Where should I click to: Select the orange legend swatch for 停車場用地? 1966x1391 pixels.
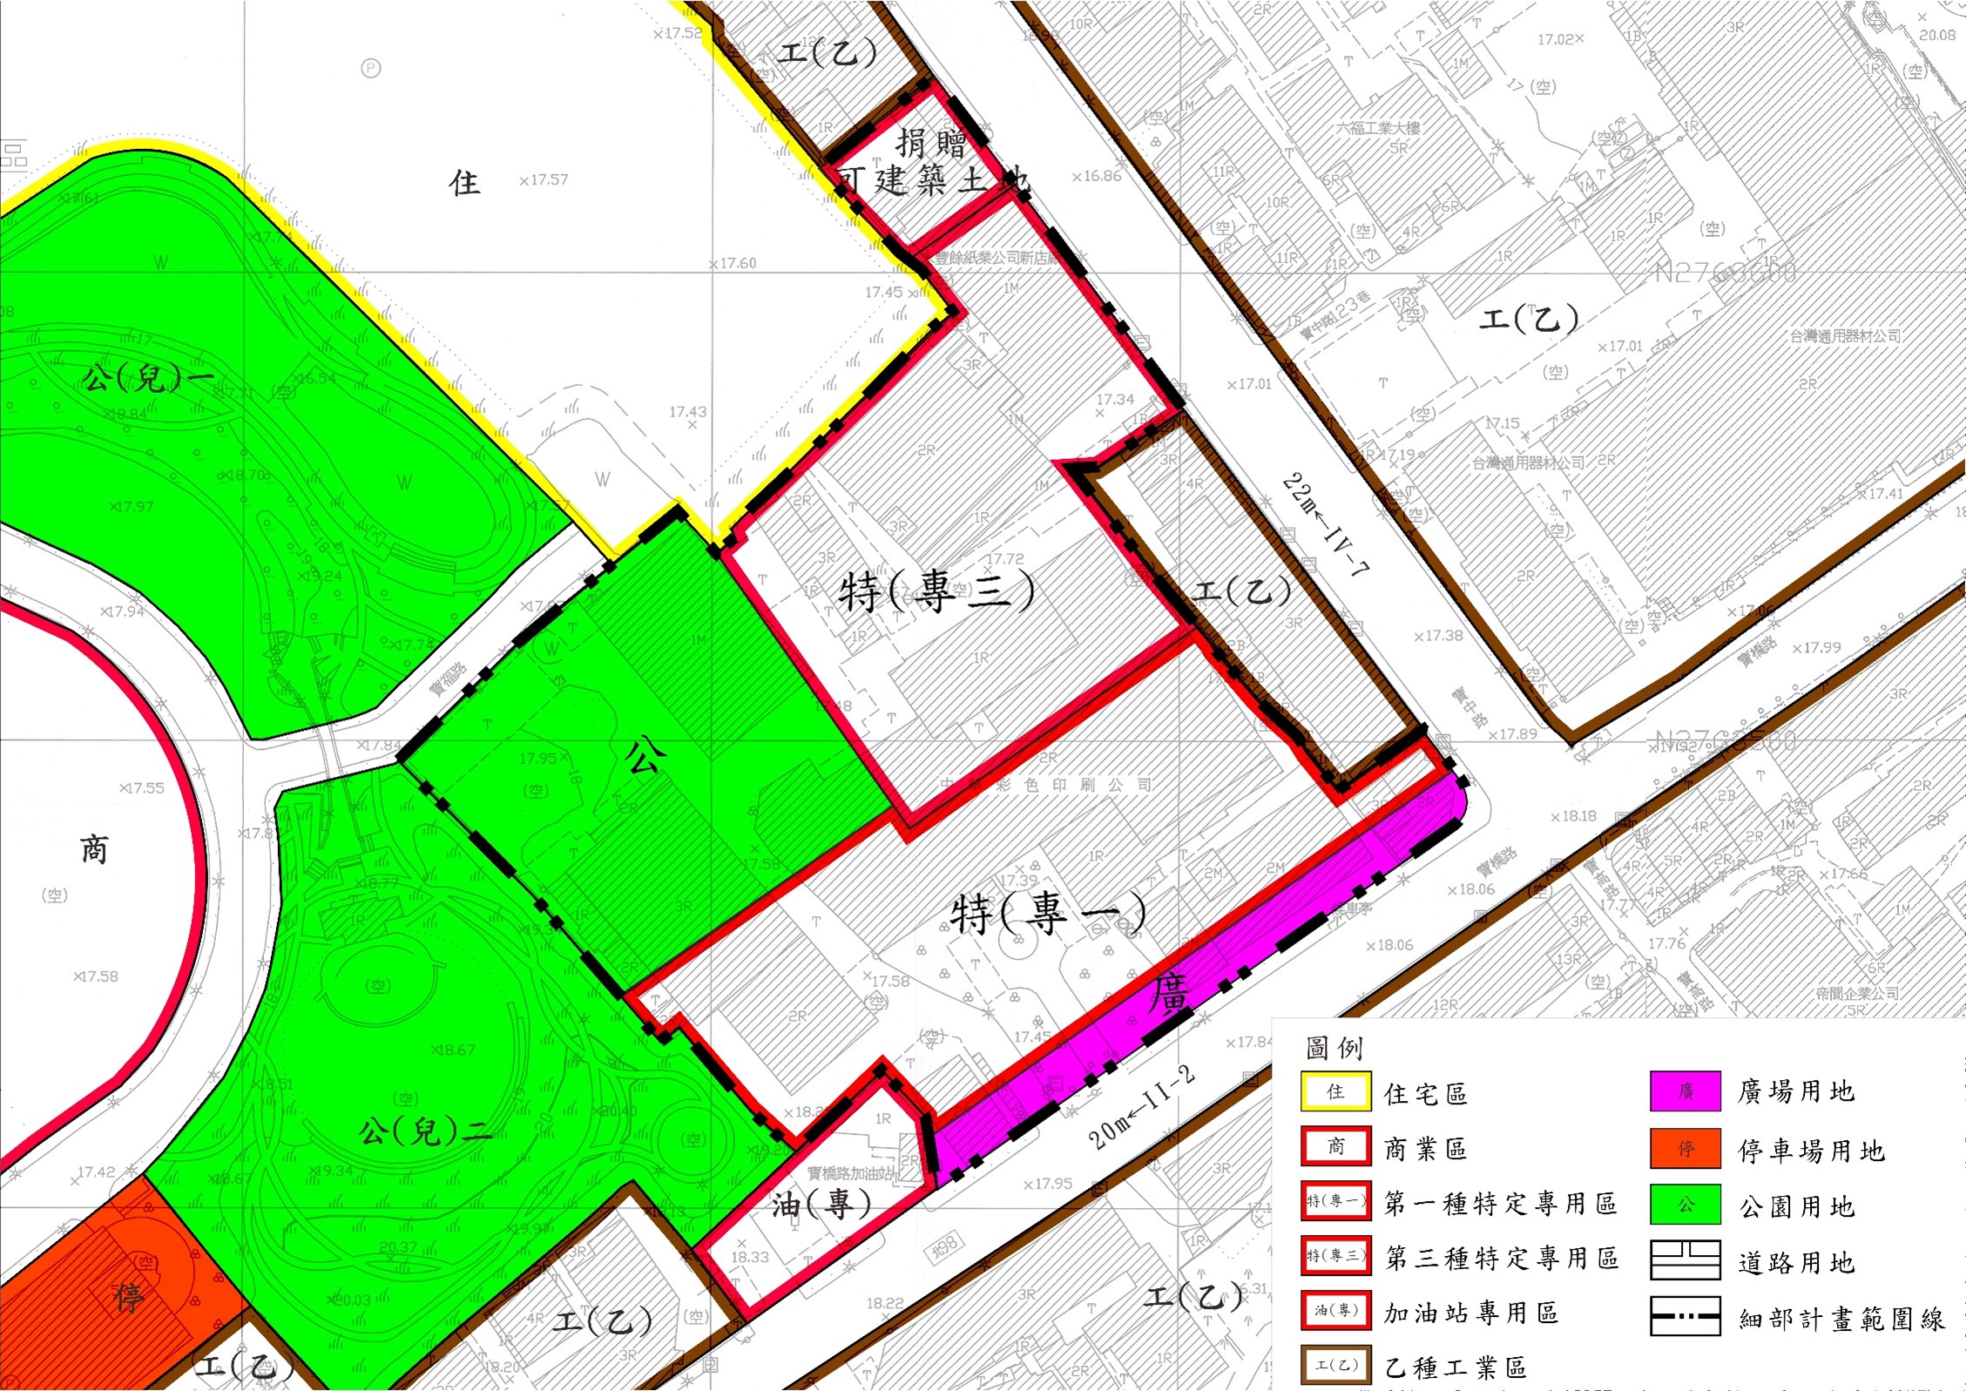1685,1148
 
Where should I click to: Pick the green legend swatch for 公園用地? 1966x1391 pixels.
1685,1205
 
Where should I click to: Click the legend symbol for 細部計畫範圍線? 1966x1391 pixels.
1685,1316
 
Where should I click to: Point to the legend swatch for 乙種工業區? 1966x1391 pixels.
1335,1365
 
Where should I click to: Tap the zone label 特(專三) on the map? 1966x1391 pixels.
936,592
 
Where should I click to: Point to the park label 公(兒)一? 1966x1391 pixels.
150,378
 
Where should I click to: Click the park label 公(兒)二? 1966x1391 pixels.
425,1132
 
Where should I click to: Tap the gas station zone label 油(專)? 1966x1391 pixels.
821,1204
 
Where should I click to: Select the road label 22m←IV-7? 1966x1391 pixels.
1326,525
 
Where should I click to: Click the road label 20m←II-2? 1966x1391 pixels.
1141,1107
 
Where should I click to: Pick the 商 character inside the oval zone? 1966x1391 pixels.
94,848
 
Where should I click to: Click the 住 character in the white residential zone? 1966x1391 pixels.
464,183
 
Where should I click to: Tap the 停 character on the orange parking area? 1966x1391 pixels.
129,1298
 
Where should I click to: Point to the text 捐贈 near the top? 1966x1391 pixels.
931,142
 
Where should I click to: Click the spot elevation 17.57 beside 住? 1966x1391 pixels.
544,180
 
